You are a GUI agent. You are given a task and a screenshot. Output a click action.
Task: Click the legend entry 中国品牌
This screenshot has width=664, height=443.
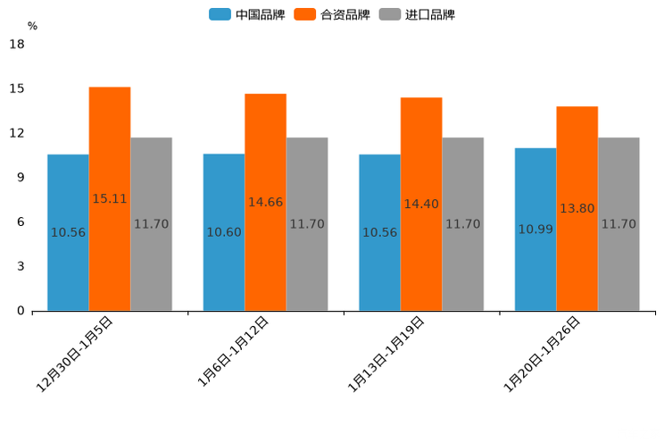click(x=247, y=14)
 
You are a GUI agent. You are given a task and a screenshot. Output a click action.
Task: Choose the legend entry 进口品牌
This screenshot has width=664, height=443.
click(x=418, y=14)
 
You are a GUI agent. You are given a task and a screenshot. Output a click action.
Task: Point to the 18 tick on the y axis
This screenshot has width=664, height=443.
click(x=17, y=45)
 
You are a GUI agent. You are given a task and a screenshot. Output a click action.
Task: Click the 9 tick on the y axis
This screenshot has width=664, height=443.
click(x=21, y=178)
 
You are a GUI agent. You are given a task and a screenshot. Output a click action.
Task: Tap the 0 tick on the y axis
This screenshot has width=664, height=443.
click(x=21, y=311)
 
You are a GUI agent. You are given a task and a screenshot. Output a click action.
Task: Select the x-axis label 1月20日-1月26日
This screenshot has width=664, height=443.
click(x=544, y=355)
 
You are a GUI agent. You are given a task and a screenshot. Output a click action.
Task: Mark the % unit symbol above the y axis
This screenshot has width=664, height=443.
click(x=32, y=26)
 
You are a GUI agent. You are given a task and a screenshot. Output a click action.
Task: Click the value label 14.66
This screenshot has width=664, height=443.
click(x=265, y=202)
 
